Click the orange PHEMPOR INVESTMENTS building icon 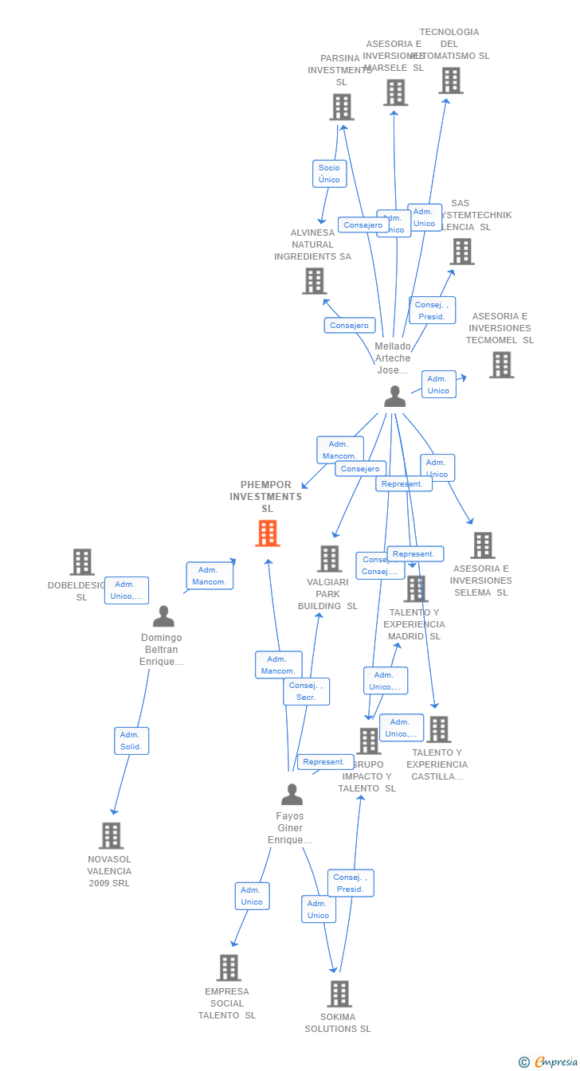[268, 533]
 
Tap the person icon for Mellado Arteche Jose [394, 396]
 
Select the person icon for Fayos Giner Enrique [292, 794]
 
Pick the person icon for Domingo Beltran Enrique [163, 616]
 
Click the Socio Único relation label [329, 174]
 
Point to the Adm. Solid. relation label [131, 741]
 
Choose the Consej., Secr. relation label [306, 691]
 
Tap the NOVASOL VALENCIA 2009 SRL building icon [111, 835]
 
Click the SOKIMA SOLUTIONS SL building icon [339, 993]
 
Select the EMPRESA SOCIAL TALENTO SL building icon [229, 967]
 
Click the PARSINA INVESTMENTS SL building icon [342, 107]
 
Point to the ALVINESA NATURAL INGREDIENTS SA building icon [315, 280]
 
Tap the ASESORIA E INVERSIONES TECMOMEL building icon [501, 364]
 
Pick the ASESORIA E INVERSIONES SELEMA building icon [482, 545]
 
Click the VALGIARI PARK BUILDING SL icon [329, 558]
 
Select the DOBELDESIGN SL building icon [81, 561]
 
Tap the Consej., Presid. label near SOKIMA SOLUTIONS [350, 883]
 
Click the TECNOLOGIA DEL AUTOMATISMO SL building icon [450, 80]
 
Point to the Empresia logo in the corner [549, 1061]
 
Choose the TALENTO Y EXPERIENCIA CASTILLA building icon [438, 729]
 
